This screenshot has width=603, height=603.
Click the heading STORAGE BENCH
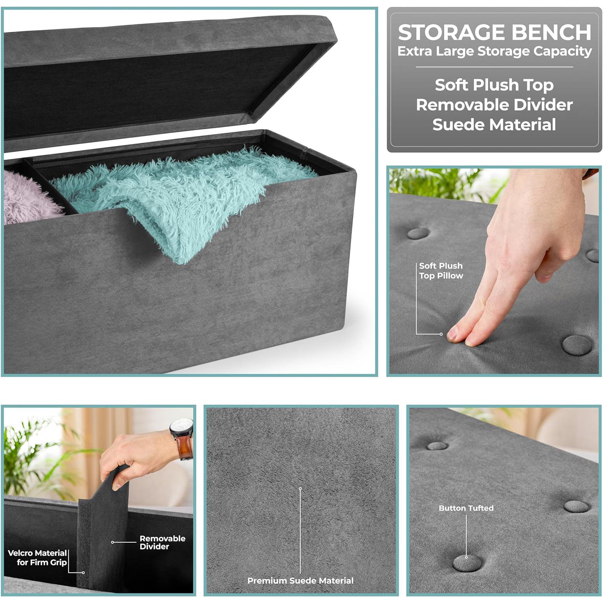click(494, 33)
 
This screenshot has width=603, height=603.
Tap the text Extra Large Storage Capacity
click(494, 51)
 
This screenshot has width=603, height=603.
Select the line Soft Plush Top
click(494, 85)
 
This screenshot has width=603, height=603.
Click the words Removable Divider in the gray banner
click(494, 105)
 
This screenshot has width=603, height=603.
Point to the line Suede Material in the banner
click(494, 125)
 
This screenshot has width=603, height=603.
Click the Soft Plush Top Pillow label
click(441, 271)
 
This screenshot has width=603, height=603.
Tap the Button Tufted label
click(466, 508)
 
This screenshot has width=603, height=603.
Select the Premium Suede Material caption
click(300, 580)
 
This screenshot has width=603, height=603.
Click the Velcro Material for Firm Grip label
click(37, 558)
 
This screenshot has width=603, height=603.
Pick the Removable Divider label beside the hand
click(162, 542)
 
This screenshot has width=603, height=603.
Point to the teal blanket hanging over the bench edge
click(181, 201)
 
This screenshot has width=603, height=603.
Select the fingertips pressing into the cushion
click(462, 336)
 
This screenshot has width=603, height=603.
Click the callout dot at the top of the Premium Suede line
click(300, 488)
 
